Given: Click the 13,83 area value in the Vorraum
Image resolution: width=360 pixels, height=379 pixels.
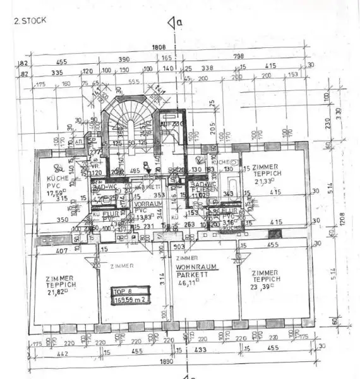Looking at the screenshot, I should tap(145, 217).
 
